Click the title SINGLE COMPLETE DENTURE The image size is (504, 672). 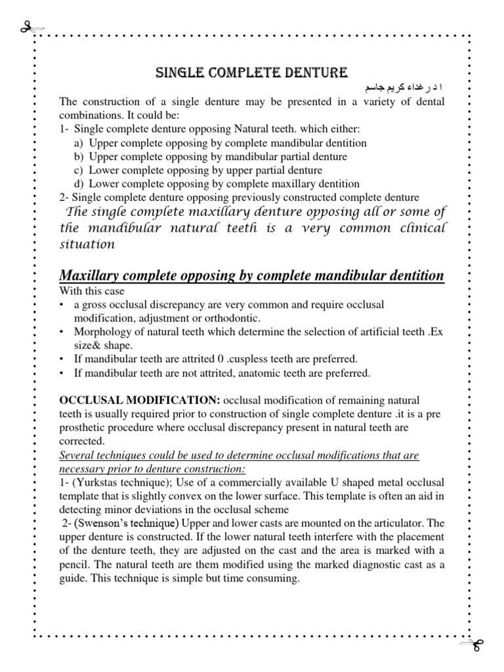click(251, 72)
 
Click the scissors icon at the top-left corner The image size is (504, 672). click(29, 28)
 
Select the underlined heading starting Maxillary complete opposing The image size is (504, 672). click(251, 276)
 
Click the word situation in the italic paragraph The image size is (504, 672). click(87, 244)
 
